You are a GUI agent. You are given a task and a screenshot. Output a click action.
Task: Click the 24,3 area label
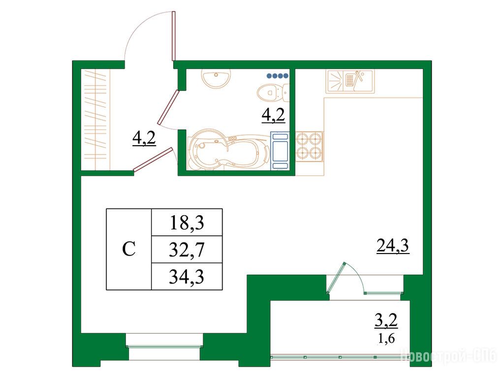click(x=393, y=246)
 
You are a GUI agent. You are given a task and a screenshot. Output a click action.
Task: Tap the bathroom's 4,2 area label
click(x=274, y=115)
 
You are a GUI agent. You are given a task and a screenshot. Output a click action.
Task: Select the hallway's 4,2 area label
click(x=144, y=138)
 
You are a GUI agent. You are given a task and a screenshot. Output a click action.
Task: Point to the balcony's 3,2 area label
click(x=386, y=321)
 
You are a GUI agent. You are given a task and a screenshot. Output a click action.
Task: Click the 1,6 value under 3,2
click(x=386, y=339)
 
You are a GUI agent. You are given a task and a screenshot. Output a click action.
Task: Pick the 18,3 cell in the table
click(x=187, y=222)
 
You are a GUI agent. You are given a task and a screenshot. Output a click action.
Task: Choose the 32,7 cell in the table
click(x=187, y=250)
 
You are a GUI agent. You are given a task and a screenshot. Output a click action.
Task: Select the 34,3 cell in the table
click(x=187, y=277)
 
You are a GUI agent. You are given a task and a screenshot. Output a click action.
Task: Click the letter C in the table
click(x=129, y=249)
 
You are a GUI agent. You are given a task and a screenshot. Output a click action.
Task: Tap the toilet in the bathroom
click(x=273, y=93)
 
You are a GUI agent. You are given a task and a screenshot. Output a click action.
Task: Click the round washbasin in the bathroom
click(x=216, y=78)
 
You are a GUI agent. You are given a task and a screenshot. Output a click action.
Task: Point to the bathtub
click(x=229, y=150)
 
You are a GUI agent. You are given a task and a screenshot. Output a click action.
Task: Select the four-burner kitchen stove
click(x=309, y=147)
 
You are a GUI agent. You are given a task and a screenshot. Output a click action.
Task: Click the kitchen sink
click(x=350, y=81)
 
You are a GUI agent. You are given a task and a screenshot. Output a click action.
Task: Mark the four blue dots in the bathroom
click(x=278, y=76)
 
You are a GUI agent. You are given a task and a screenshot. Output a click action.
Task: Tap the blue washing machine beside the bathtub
click(x=280, y=151)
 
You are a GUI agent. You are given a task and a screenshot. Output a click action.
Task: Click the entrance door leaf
click(x=174, y=36)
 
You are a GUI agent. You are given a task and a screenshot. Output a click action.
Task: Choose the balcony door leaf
click(x=336, y=278)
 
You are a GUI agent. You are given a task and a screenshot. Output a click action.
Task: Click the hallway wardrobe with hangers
click(x=95, y=119)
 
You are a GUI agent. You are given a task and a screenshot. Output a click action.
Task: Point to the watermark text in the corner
click(x=449, y=356)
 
